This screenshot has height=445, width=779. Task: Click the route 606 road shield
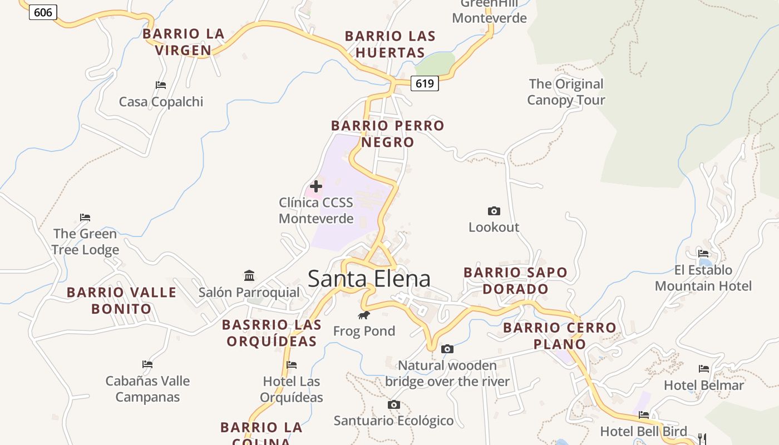[x=43, y=12]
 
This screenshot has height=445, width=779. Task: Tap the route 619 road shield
[x=425, y=83]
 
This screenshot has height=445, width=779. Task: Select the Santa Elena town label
[x=369, y=279]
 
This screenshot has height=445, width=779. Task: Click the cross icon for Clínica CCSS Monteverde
[x=316, y=186]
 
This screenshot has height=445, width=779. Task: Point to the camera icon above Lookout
[x=494, y=211]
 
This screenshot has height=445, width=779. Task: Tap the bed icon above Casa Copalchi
[x=161, y=85]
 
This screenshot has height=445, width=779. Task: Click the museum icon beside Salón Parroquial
[x=249, y=275]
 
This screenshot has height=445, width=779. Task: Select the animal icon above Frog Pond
[x=364, y=315]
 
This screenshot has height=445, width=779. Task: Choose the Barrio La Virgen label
[x=183, y=42]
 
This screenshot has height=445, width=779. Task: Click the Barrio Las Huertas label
[x=390, y=44]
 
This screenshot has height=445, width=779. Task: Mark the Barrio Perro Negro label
[x=388, y=134]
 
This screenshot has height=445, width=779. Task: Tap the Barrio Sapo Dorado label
[x=515, y=281]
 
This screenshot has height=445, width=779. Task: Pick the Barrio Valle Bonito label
[x=121, y=300]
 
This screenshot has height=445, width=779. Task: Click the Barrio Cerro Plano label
[x=560, y=336]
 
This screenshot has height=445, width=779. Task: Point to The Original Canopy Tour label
[x=566, y=92]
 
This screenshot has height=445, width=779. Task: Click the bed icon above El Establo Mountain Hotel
[x=703, y=254]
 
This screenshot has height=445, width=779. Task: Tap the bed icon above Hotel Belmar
[x=704, y=368]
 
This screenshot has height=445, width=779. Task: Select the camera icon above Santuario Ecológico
[x=394, y=404]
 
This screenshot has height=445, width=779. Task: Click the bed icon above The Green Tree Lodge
[x=85, y=217]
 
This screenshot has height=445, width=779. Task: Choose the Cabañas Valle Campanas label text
[x=147, y=389]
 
